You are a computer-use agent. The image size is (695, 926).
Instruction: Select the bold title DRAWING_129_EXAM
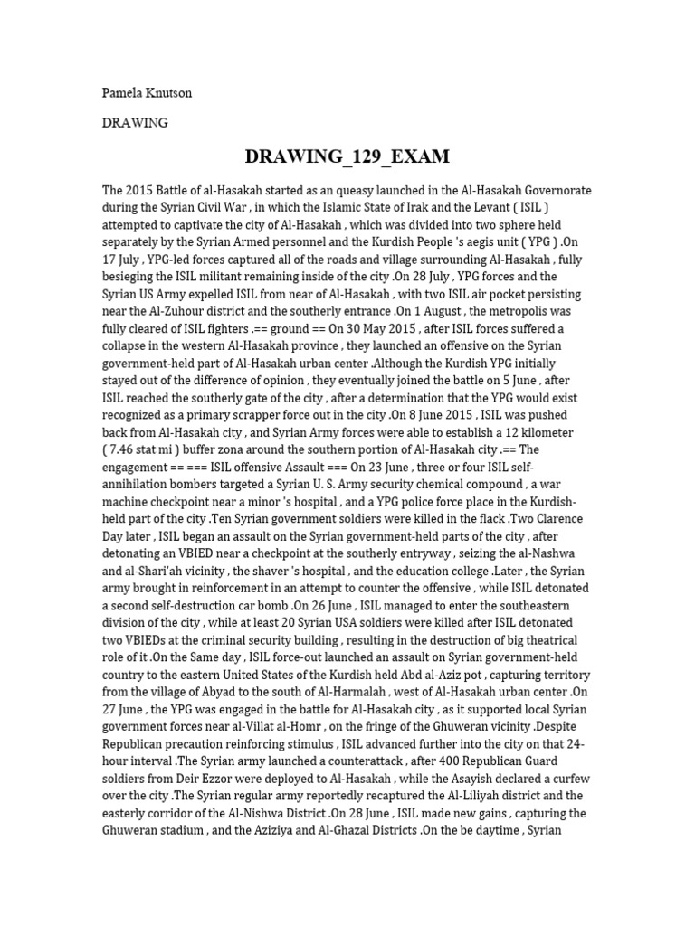347,156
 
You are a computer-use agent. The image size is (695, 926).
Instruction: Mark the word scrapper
243,416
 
